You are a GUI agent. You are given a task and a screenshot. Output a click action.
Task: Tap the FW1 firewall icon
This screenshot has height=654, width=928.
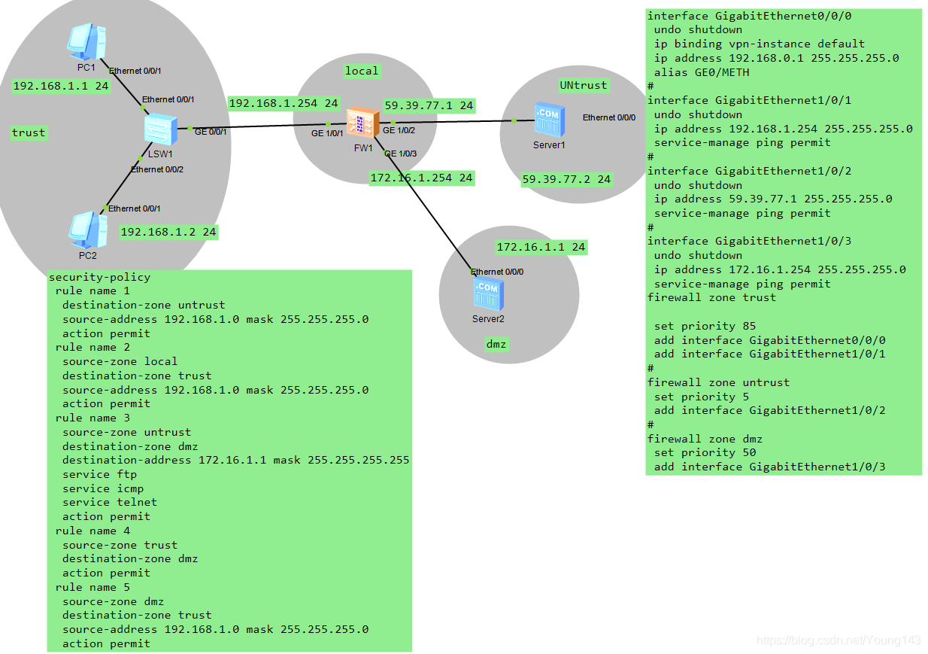point(362,123)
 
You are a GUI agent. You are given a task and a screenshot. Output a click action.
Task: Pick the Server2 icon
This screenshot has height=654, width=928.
point(488,294)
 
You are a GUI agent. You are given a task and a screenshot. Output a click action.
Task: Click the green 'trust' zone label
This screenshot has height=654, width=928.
point(29,133)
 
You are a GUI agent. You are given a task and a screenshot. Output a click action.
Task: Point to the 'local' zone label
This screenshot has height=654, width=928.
point(362,71)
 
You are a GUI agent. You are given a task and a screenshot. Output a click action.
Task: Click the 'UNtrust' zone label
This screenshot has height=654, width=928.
point(583,85)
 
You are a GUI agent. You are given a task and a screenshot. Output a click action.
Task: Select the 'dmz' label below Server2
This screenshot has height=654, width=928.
point(496,344)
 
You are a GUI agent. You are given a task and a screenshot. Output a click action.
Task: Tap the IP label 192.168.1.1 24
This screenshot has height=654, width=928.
point(61,86)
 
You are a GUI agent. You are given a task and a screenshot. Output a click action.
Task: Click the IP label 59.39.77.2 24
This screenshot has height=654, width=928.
point(566,179)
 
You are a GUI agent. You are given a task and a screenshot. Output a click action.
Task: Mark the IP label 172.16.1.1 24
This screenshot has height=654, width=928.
point(541,247)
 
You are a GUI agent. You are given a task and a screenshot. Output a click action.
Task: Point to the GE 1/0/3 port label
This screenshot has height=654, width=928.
point(400,154)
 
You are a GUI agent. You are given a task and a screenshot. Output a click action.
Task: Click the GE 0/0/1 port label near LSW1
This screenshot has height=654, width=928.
point(211,131)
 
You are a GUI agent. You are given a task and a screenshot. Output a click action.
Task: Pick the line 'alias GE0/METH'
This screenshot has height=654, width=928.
point(702,72)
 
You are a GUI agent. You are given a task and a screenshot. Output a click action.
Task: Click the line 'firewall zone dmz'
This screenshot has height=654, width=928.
point(705,439)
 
